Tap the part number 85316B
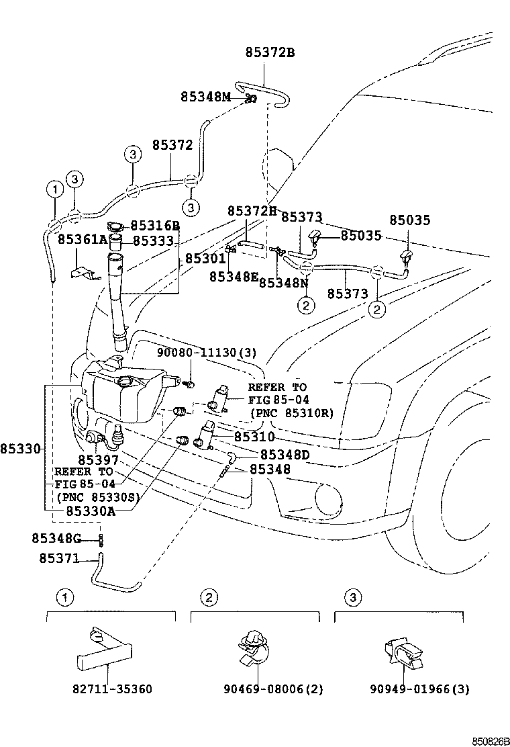[x=155, y=226]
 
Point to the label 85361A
[x=82, y=239]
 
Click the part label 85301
[x=205, y=258]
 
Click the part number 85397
[x=98, y=459]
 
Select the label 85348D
[x=285, y=455]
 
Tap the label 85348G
[x=56, y=538]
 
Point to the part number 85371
[x=59, y=558]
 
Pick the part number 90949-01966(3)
[x=419, y=689]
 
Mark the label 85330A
[x=91, y=511]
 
